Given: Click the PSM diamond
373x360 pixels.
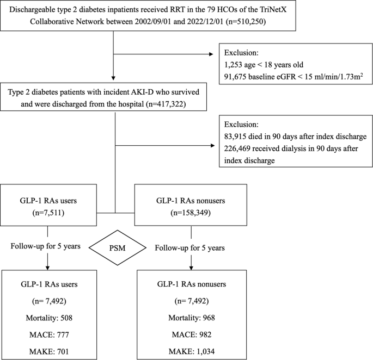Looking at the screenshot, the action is click(x=117, y=247).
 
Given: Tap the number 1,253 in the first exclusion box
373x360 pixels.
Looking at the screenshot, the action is click(x=233, y=65).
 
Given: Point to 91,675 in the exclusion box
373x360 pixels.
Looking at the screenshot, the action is click(x=235, y=77).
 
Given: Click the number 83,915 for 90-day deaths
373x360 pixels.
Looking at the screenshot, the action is click(x=235, y=136).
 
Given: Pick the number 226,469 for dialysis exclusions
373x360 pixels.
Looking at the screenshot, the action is click(x=237, y=148).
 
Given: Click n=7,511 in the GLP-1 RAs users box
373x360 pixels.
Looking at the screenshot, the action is click(x=48, y=213).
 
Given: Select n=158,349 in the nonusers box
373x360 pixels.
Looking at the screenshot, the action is click(x=191, y=213).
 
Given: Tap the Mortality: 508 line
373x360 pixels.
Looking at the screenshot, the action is click(x=49, y=318).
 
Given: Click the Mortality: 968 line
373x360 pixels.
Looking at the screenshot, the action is click(x=192, y=318).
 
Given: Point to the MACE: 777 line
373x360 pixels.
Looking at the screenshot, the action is click(x=49, y=335).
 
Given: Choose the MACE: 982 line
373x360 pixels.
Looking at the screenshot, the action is click(x=192, y=334).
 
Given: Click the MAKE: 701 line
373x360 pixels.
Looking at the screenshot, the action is click(x=49, y=351).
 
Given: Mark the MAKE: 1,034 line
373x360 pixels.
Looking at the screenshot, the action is click(x=192, y=351).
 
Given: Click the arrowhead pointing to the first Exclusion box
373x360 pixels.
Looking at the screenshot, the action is click(x=211, y=54).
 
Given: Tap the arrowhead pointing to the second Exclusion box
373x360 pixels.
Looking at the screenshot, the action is click(x=213, y=145).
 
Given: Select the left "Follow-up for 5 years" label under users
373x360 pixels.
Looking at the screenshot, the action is click(x=45, y=246).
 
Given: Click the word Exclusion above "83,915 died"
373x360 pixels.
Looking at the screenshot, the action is click(x=241, y=125).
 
